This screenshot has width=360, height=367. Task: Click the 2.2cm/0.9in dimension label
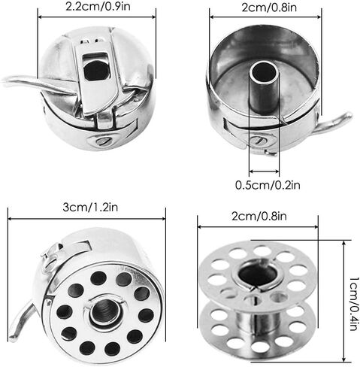pos(98,6)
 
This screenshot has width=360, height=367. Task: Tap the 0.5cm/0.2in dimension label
pos(268,185)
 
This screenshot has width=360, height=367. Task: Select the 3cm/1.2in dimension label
pos(90,208)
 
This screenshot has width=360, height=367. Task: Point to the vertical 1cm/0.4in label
pos(354,304)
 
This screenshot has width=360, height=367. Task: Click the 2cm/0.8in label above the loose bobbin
pos(259,216)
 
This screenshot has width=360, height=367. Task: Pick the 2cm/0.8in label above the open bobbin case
pos(269,8)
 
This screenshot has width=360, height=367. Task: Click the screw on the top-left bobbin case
pos(103,141)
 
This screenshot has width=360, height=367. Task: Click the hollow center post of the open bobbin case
pos(264,86)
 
